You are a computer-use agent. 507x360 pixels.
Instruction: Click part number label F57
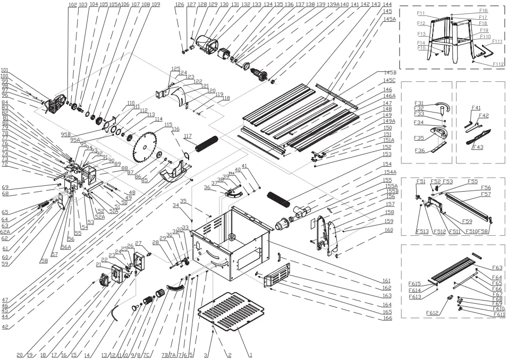point(486,194)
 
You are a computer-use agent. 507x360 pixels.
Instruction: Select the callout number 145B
point(391,72)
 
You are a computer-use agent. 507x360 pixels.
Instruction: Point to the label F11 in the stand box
point(421,13)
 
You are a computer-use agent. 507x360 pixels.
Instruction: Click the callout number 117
point(188,136)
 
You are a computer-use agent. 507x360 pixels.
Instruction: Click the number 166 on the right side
point(387,318)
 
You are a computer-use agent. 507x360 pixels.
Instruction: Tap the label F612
point(431,313)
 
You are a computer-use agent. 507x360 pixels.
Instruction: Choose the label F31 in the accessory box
point(419,102)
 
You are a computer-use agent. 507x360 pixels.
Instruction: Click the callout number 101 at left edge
point(5,70)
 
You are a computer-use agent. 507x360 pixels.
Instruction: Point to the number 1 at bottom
point(250,354)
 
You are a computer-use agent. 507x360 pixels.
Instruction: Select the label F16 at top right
point(483,10)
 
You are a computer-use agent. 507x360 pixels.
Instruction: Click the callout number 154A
point(391,172)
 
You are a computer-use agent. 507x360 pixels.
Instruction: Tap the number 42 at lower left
point(5,327)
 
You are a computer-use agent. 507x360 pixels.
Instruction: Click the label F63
point(497,268)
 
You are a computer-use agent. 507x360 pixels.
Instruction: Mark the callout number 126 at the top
point(179,4)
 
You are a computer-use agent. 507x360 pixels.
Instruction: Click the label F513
point(421,232)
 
